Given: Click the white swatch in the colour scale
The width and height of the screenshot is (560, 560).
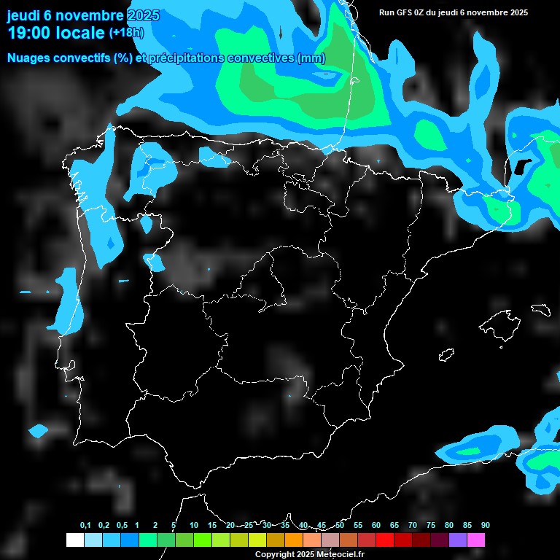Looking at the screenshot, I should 74,540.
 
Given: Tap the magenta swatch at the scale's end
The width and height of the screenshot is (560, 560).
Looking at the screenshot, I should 476,540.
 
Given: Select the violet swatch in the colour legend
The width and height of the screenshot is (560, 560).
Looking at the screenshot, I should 458,540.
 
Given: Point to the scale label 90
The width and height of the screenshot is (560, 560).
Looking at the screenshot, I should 486,526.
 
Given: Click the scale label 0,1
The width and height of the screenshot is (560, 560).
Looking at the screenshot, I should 85,526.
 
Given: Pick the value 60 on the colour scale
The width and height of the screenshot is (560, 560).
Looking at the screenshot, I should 376,526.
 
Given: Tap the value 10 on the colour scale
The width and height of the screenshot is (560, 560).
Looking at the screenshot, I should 194,526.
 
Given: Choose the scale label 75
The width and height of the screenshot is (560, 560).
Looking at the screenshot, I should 431,526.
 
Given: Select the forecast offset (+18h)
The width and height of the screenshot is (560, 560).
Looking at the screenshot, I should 126,33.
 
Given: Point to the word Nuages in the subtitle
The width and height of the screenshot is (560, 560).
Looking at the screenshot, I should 27,58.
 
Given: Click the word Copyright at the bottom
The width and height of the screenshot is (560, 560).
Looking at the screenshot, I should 274,555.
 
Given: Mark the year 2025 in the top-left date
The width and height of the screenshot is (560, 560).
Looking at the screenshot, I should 144,15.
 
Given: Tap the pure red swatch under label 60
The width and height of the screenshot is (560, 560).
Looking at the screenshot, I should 385,540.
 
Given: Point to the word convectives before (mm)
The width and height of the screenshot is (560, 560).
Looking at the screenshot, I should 259,58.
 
